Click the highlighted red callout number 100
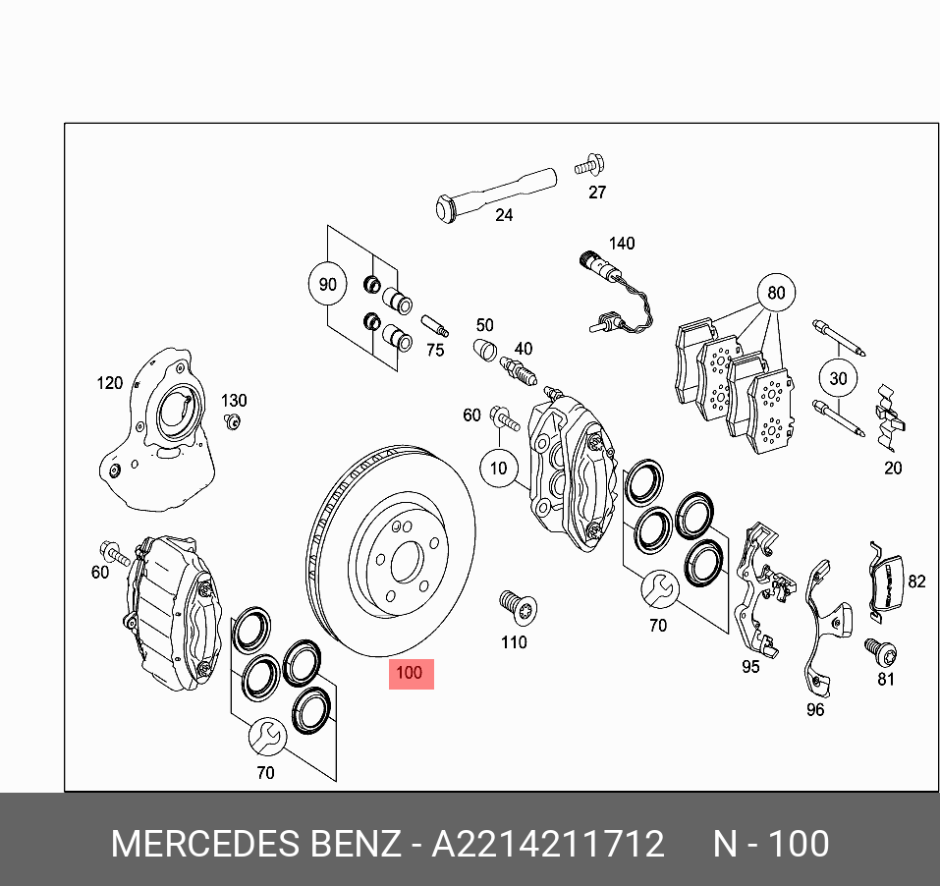point(411,674)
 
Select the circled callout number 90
point(328,285)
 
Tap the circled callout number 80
point(776,293)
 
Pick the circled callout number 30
point(837,378)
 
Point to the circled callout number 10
point(499,468)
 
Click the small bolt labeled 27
point(591,163)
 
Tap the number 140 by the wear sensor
point(622,244)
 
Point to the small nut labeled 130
point(233,422)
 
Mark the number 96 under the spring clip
point(815,710)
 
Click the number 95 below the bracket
point(750,666)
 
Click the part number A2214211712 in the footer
point(548,845)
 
